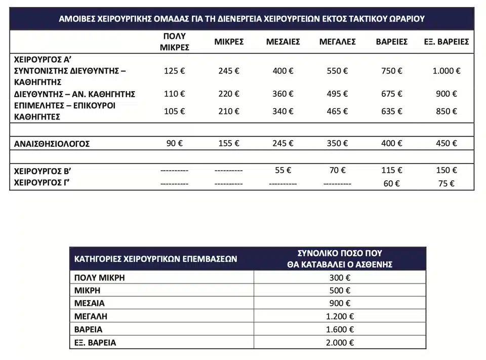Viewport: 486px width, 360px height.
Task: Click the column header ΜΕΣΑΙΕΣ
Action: (x=283, y=42)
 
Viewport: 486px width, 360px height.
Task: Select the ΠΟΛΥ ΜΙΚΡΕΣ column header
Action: (x=175, y=42)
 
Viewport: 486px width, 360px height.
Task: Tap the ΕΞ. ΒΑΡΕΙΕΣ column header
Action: (x=446, y=42)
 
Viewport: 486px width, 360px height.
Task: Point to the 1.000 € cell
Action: (x=446, y=71)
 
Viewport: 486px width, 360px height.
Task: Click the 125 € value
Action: (x=175, y=71)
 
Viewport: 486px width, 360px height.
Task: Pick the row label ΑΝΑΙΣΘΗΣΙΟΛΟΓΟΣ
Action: (x=52, y=144)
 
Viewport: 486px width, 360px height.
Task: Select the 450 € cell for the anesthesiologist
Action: (x=446, y=143)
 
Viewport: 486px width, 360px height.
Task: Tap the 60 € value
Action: (x=391, y=183)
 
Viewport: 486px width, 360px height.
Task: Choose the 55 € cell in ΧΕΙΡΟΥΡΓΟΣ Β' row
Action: (x=282, y=171)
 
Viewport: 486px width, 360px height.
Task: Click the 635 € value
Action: (x=391, y=111)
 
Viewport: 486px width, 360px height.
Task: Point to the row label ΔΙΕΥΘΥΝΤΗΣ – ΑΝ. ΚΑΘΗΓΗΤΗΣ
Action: (x=74, y=94)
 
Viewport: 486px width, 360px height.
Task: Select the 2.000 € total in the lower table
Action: (x=340, y=343)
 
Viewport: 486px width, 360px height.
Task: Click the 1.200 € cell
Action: (x=340, y=316)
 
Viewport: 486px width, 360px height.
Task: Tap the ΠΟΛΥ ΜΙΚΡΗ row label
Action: (x=99, y=277)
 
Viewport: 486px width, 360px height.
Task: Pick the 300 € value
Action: (x=340, y=277)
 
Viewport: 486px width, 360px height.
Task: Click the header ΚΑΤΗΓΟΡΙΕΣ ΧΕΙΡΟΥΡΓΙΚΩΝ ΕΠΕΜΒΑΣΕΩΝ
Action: (x=156, y=259)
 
